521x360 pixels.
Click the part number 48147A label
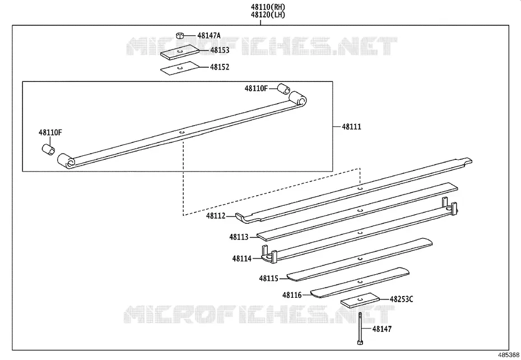pyautogui.click(x=208, y=35)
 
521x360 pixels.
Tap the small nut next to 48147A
pyautogui.click(x=180, y=35)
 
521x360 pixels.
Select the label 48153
pyautogui.click(x=220, y=50)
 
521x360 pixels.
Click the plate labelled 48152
pyautogui.click(x=180, y=68)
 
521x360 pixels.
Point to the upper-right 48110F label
pyautogui.click(x=256, y=88)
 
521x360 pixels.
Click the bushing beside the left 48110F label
pyautogui.click(x=49, y=149)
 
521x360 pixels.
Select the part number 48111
pyautogui.click(x=352, y=126)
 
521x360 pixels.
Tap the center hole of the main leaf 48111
pyautogui.click(x=182, y=132)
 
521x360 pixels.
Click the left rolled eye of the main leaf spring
pyautogui.click(x=67, y=161)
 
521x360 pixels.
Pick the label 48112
pyautogui.click(x=216, y=216)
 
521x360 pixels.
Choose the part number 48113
pyautogui.click(x=239, y=237)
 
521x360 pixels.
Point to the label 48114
pyautogui.click(x=242, y=258)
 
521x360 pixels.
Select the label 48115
pyautogui.click(x=269, y=278)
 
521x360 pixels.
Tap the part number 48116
pyautogui.click(x=292, y=295)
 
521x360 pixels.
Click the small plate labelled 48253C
pyautogui.click(x=360, y=300)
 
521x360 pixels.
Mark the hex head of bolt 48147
pyautogui.click(x=360, y=342)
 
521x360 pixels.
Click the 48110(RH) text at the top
pyautogui.click(x=268, y=7)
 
